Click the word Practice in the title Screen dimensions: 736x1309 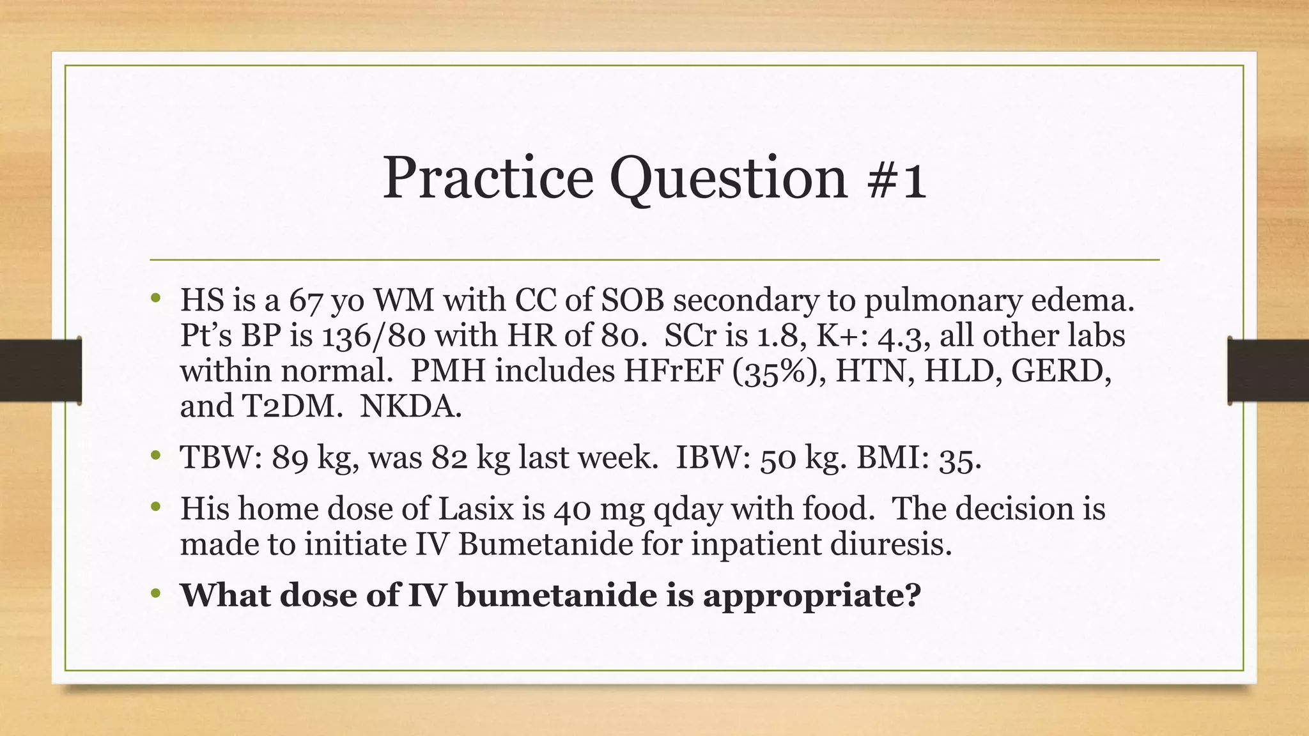(x=488, y=178)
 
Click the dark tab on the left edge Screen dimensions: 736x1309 (x=40, y=371)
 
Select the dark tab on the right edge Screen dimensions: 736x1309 (x=1268, y=371)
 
